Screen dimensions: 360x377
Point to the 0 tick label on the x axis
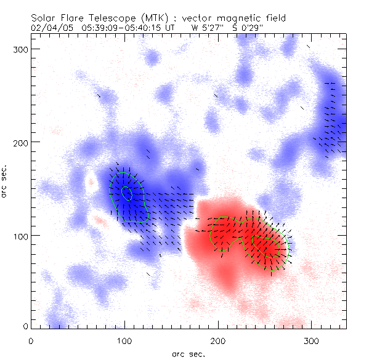tap(31, 340)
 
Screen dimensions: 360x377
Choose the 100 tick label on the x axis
tap(124, 340)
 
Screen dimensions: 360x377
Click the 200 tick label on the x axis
tap(218, 340)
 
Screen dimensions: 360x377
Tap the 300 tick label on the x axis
tap(312, 340)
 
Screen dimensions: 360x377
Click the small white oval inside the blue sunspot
tap(127, 193)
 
